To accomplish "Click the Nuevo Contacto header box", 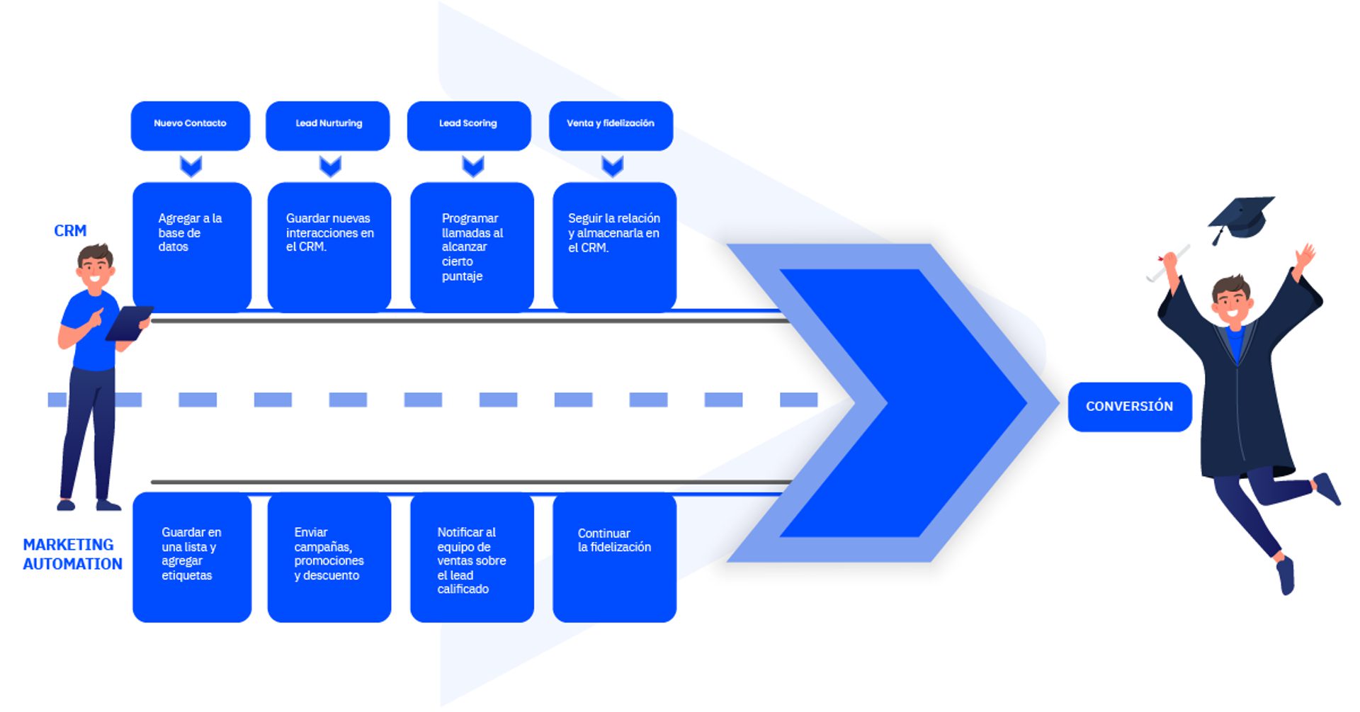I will click(190, 125).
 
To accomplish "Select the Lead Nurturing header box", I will click(327, 125).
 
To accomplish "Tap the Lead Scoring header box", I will click(468, 125).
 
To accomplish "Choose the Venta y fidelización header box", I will click(611, 125).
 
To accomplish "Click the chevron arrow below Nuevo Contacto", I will click(191, 166).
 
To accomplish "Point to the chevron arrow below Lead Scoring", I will click(472, 166).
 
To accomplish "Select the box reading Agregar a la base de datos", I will click(191, 246).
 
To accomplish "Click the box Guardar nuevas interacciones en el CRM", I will click(329, 246).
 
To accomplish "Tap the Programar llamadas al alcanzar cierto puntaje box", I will click(472, 247).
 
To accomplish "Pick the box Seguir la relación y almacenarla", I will click(614, 246).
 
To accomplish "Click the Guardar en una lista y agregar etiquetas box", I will click(191, 557).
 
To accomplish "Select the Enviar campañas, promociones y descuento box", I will click(329, 557).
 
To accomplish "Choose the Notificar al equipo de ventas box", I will click(472, 557).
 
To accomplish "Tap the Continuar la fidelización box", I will click(614, 557).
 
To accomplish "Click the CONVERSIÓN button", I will click(1129, 407).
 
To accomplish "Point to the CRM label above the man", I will click(70, 231).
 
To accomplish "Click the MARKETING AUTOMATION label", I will click(72, 554).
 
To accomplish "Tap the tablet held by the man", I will click(129, 322).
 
